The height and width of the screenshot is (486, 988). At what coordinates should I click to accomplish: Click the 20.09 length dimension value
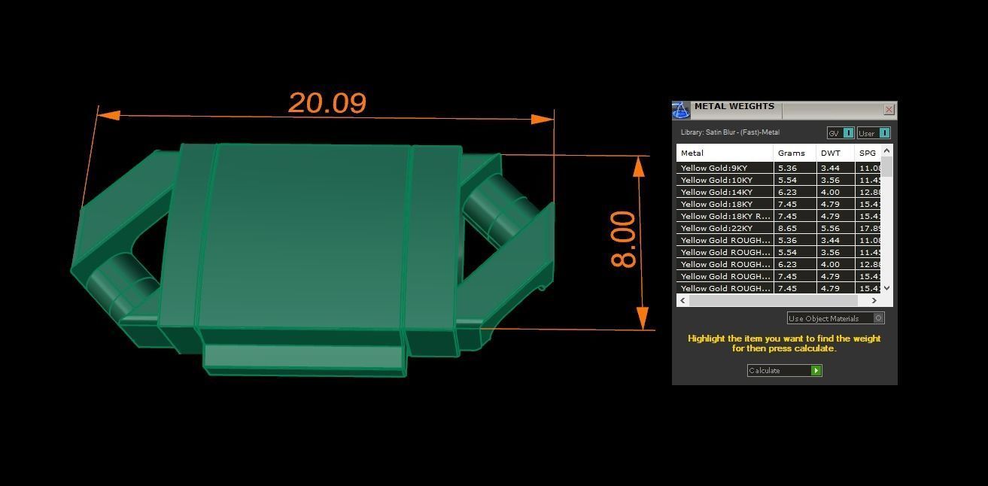tap(327, 103)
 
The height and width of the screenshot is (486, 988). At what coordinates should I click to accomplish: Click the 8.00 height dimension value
tap(624, 239)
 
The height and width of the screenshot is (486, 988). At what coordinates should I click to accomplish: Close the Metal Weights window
tap(889, 110)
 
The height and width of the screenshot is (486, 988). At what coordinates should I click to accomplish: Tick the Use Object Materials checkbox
tap(878, 318)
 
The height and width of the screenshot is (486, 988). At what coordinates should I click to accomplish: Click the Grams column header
tap(791, 153)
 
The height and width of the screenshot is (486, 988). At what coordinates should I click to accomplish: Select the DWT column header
tap(831, 153)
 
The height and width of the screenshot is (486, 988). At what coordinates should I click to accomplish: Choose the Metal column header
tap(692, 153)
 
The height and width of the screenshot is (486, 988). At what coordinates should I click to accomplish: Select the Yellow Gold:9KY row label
tap(714, 168)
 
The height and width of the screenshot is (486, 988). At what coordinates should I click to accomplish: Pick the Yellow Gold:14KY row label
tap(716, 192)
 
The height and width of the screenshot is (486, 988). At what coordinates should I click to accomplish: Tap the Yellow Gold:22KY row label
tap(716, 228)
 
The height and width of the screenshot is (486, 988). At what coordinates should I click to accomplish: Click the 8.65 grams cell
tap(787, 228)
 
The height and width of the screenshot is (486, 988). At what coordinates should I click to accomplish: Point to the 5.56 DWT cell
tap(830, 228)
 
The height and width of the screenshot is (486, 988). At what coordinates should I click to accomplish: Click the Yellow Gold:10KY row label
tap(716, 180)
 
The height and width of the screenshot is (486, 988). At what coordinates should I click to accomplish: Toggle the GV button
tap(840, 133)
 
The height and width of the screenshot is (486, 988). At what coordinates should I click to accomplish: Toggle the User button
tap(874, 133)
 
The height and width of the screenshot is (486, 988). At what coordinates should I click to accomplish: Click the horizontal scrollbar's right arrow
tap(874, 300)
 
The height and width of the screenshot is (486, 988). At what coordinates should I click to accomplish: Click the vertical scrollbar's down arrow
tap(887, 287)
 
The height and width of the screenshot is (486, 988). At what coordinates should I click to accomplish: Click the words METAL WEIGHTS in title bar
tap(734, 107)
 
